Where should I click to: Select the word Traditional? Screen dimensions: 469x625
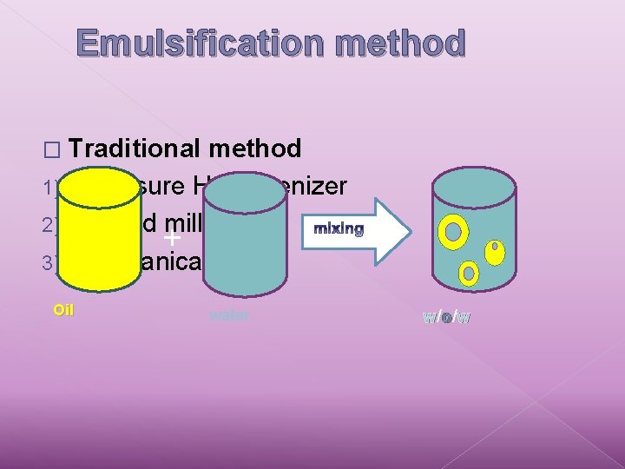tap(135, 149)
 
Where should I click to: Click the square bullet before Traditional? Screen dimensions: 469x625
tap(57, 150)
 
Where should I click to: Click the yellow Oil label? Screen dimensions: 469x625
tap(63, 309)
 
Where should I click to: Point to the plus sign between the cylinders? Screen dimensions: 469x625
tap(172, 237)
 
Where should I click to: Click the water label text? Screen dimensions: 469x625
tap(229, 315)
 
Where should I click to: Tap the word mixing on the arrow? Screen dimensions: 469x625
tap(339, 228)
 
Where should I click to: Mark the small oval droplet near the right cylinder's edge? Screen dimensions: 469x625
tap(494, 252)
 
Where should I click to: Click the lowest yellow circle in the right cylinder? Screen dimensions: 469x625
tap(469, 274)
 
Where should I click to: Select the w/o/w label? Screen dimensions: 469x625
tap(447, 317)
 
